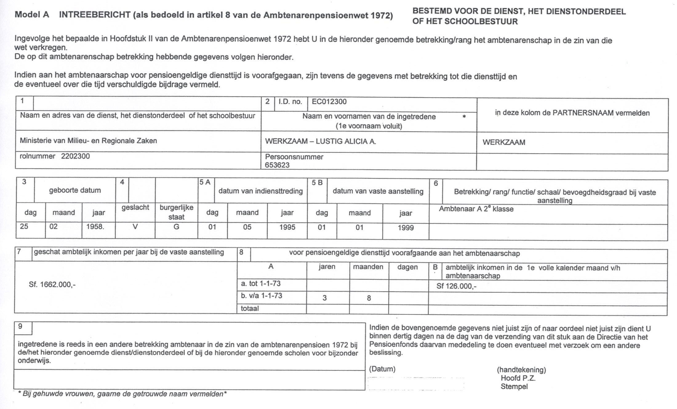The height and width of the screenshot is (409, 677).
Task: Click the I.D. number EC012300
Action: pos(329,102)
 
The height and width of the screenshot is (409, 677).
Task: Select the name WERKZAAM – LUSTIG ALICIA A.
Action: pos(320,142)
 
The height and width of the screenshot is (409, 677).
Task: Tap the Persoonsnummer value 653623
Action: pos(277,165)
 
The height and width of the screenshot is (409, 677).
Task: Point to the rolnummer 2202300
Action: pos(75,156)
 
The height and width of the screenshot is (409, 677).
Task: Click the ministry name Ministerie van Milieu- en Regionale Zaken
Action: pos(88,141)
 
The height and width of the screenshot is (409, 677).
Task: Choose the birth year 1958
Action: pos(95,227)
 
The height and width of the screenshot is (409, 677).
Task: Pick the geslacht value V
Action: pos(135,227)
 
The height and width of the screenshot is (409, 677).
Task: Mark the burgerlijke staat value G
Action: pos(176,227)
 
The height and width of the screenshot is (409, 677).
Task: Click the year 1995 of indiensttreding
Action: pos(287,227)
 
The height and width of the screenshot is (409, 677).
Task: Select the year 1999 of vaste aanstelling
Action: pos(406,228)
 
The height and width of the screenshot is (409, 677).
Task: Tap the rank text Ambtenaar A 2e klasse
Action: pos(476,209)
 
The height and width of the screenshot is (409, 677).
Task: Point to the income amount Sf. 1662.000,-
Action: pos(52,285)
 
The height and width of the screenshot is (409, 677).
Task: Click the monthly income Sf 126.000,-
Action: pos(456,286)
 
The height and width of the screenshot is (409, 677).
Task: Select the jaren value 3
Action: pos(325,298)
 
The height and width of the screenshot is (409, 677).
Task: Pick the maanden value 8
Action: pos(369,298)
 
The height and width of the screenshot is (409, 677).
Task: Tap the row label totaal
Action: pos(250,309)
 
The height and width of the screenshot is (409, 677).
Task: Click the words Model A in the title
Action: pos(32,15)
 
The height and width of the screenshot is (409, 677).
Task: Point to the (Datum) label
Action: pos(382,369)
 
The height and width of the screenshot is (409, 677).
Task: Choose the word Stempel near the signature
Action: pos(514,387)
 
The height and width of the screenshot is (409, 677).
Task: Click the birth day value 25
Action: pos(24,227)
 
